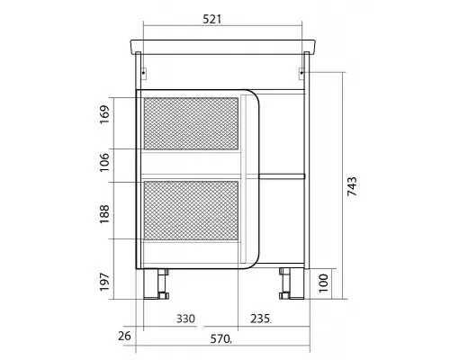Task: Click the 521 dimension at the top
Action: pos(211,19)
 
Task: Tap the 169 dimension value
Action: pos(104,114)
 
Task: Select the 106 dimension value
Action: pos(104,162)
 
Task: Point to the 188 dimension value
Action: pos(104,214)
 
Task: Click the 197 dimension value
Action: pos(104,282)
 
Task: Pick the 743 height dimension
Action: pos(352,186)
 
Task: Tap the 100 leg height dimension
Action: pos(323,283)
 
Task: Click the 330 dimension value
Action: pos(185,319)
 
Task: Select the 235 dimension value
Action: pos(260,319)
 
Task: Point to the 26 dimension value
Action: pos(124,336)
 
